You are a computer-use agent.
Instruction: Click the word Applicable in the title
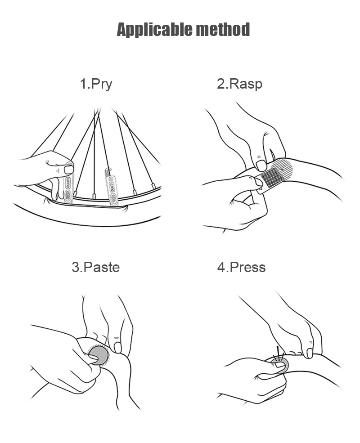149,30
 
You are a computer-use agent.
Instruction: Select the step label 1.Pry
96,84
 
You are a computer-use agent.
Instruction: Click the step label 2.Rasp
239,84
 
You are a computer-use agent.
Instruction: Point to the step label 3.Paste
96,267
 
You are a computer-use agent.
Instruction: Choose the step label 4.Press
241,267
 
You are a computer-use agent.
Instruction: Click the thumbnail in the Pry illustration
68,170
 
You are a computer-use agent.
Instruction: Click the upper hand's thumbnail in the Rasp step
261,165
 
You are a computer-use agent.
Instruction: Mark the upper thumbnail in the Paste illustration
118,347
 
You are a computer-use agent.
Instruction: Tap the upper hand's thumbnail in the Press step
310,353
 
